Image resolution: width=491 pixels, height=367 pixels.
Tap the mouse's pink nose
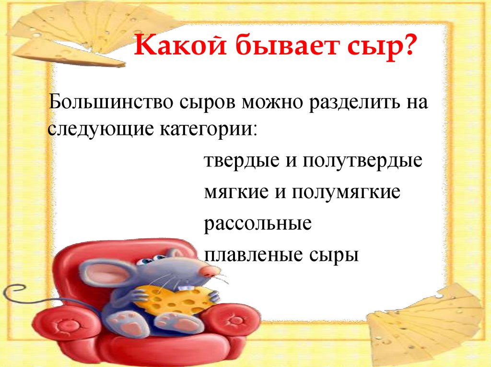(208, 271)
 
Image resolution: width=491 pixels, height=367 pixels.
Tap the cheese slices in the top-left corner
(72, 33)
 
